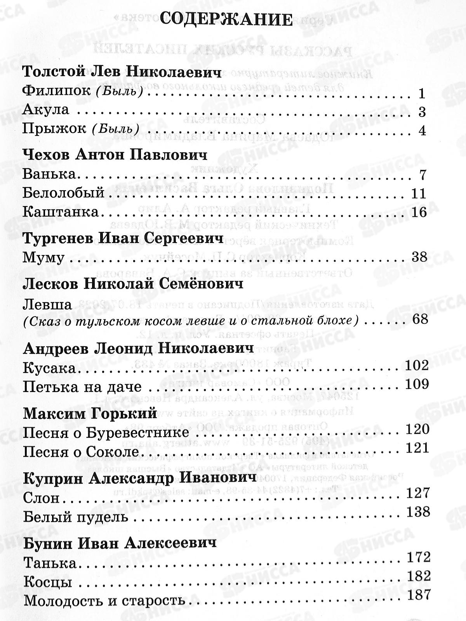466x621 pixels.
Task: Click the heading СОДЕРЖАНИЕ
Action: click(x=226, y=19)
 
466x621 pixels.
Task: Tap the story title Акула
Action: click(x=46, y=110)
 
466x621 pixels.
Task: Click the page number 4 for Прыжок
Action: click(x=423, y=130)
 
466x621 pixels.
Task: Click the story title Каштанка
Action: click(x=60, y=212)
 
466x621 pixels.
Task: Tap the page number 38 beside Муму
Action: click(x=418, y=257)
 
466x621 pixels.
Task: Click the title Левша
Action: click(x=47, y=304)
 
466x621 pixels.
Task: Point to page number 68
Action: click(x=419, y=320)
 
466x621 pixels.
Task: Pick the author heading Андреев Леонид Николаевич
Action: click(x=139, y=348)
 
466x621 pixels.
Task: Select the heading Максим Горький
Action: click(x=90, y=413)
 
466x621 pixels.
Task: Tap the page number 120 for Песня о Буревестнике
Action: click(x=417, y=429)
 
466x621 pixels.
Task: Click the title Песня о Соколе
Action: click(x=81, y=452)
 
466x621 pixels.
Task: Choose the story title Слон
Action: click(x=41, y=498)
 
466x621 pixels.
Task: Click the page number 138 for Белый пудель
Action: click(x=418, y=512)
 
